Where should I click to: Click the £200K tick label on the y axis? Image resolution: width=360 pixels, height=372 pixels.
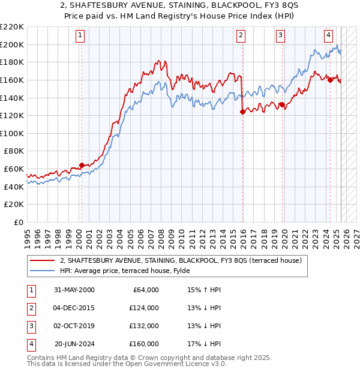pyautogui.click(x=12, y=44)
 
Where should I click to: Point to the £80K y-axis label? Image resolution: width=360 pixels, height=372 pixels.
pyautogui.click(x=14, y=151)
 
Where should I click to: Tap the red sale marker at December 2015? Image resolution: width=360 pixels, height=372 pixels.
pyautogui.click(x=242, y=112)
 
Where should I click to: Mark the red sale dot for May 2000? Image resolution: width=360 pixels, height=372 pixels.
pyautogui.click(x=82, y=165)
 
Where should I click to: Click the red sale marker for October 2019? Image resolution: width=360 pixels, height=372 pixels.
pyautogui.click(x=281, y=104)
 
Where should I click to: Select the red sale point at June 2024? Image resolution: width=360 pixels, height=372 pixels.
pyautogui.click(x=330, y=80)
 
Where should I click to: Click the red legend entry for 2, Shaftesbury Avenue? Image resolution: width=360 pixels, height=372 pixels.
pyautogui.click(x=184, y=260)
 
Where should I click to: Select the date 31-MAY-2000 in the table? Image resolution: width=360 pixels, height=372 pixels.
pyautogui.click(x=74, y=290)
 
